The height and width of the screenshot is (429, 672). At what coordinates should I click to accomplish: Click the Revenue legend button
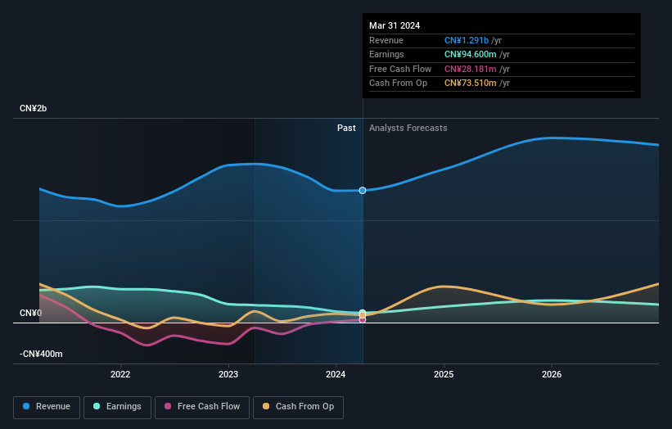point(47,406)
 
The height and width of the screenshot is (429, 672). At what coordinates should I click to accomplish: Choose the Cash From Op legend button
point(298,406)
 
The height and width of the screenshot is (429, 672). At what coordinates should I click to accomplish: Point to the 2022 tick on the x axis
point(120,375)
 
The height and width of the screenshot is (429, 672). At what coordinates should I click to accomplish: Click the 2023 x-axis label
point(228,375)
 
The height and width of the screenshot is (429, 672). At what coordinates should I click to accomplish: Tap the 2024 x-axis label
point(336,375)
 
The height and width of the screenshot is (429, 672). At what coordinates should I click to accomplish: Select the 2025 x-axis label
point(444,375)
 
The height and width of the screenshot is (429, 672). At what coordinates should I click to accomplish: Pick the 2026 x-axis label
point(552,375)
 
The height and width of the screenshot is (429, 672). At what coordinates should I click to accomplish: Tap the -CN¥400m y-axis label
point(41,354)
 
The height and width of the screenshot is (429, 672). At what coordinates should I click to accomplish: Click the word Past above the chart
point(346,128)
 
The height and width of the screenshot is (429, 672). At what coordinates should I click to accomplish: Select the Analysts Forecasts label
point(408,128)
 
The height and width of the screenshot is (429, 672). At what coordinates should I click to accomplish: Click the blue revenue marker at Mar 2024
point(362,190)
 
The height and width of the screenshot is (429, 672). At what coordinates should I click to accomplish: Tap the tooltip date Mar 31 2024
point(395,25)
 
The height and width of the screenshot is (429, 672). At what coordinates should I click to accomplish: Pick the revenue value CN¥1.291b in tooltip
point(467,40)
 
